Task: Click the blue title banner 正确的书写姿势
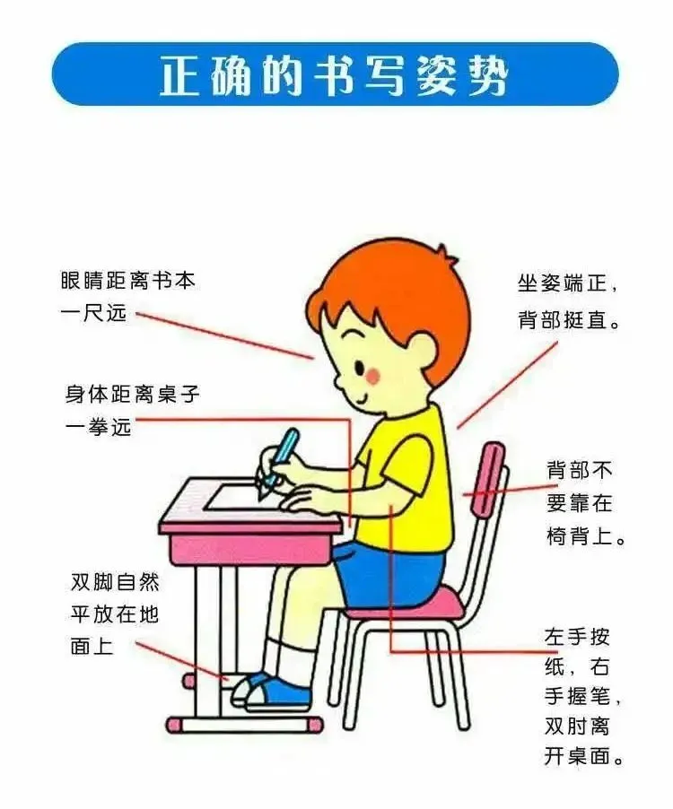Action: point(335,74)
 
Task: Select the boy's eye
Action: point(360,367)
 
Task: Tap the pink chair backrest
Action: point(490,479)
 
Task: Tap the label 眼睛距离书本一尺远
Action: point(127,297)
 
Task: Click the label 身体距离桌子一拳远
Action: point(132,410)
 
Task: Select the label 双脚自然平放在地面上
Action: point(115,613)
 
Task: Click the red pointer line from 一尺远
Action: point(224,335)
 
